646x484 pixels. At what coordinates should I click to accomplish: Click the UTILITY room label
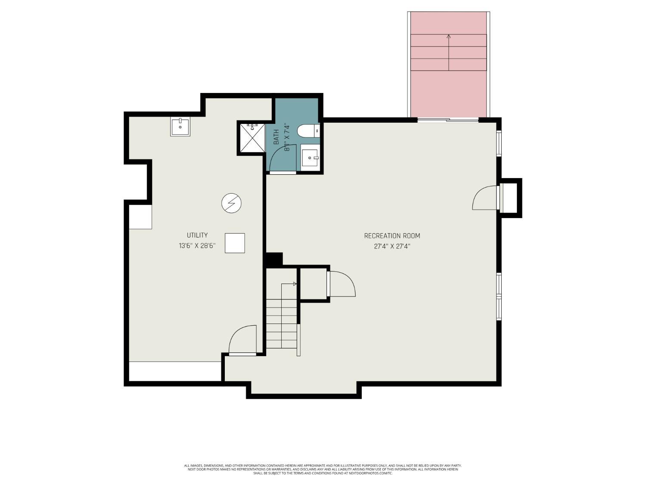tap(197, 235)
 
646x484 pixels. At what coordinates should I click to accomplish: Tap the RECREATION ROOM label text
tap(392, 236)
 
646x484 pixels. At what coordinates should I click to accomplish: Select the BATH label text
tap(276, 136)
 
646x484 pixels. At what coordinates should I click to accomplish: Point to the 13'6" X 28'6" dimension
tap(197, 246)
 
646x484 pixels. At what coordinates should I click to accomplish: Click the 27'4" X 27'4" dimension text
tap(392, 247)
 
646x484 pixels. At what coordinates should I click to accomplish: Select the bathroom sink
tap(310, 158)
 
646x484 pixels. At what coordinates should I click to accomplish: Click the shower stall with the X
tap(252, 138)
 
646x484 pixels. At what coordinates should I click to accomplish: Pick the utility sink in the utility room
tap(180, 127)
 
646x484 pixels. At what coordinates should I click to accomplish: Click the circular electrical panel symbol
tap(231, 203)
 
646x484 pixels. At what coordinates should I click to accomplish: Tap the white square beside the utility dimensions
tap(235, 243)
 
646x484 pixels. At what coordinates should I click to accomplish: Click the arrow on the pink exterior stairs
tap(449, 37)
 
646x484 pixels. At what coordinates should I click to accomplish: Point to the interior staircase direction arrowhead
tap(295, 284)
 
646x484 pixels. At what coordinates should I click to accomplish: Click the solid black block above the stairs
tap(274, 259)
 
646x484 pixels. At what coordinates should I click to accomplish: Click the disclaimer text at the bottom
tap(323, 469)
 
